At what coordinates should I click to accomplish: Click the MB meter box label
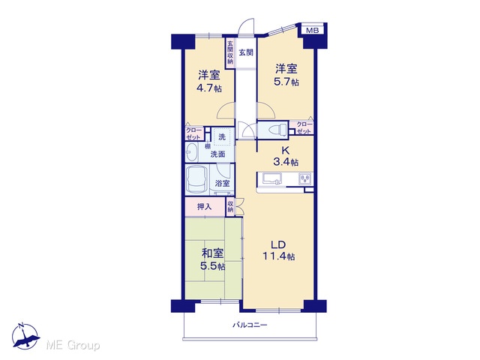(x=312, y=30)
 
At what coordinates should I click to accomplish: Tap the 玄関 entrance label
(x=246, y=52)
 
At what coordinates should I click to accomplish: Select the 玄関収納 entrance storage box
(x=230, y=53)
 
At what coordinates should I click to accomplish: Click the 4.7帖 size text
(x=209, y=88)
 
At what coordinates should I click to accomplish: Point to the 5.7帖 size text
(x=286, y=82)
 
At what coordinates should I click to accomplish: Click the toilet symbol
(x=277, y=130)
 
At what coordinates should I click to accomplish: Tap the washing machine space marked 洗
(x=222, y=136)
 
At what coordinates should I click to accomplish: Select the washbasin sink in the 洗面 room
(x=192, y=152)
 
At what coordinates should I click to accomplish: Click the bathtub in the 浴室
(x=197, y=180)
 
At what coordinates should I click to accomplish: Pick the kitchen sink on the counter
(x=271, y=178)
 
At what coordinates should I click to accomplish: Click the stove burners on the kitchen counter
(x=305, y=178)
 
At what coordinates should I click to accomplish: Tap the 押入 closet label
(x=205, y=207)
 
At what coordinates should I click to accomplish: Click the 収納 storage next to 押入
(x=230, y=207)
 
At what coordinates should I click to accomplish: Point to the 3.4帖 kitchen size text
(x=286, y=162)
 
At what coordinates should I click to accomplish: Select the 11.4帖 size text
(x=278, y=256)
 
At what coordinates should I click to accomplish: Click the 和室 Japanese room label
(x=212, y=253)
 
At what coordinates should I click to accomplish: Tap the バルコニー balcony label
(x=250, y=325)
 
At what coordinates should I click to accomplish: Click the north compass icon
(x=25, y=336)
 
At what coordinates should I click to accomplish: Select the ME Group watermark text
(x=73, y=346)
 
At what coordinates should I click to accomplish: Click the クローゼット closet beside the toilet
(x=304, y=128)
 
